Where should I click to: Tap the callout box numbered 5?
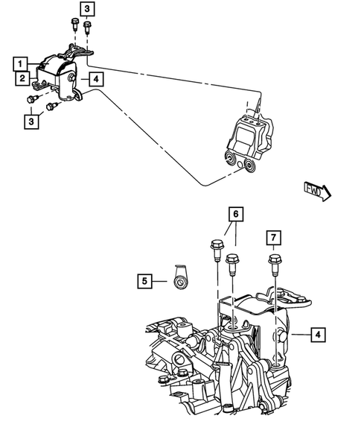(x=145, y=281)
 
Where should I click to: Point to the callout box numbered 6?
(x=235, y=215)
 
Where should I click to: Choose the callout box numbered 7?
(x=274, y=238)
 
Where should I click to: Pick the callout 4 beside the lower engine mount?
(x=318, y=335)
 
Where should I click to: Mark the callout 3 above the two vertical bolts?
(x=88, y=9)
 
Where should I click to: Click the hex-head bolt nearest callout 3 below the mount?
(x=33, y=99)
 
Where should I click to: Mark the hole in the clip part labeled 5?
(x=179, y=282)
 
